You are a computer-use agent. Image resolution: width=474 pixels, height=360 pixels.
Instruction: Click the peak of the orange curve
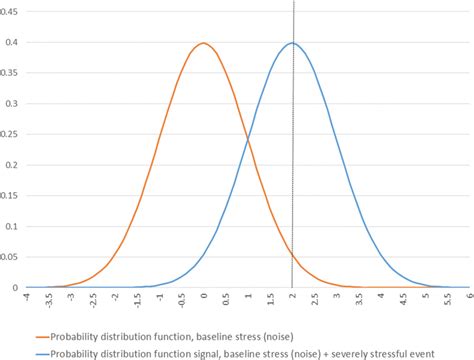(203, 43)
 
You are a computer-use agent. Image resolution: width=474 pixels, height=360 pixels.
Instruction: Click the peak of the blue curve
(292, 43)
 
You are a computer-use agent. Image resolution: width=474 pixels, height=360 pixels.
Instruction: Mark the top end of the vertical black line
(293, 2)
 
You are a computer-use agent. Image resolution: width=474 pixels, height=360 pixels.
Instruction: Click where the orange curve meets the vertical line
(292, 257)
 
